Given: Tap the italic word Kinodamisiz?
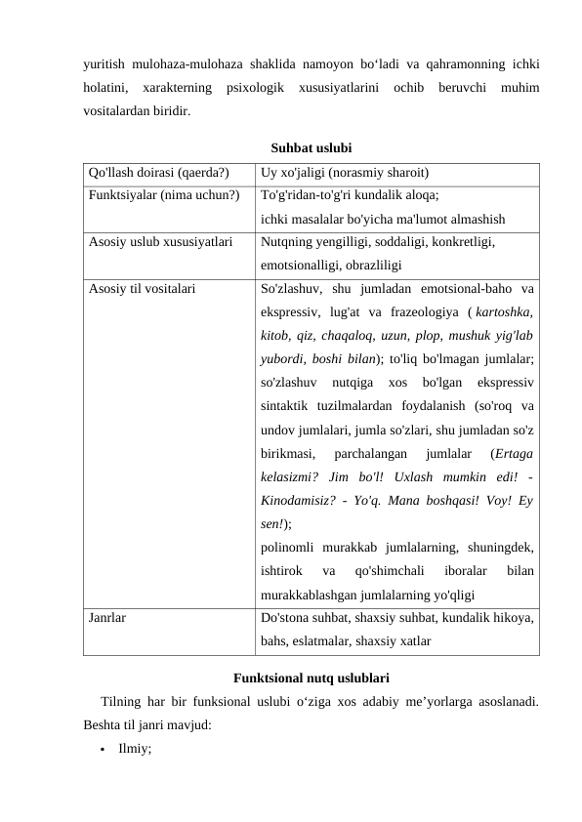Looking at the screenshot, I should tap(303, 501).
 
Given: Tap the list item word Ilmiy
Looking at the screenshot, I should tap(135, 750).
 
